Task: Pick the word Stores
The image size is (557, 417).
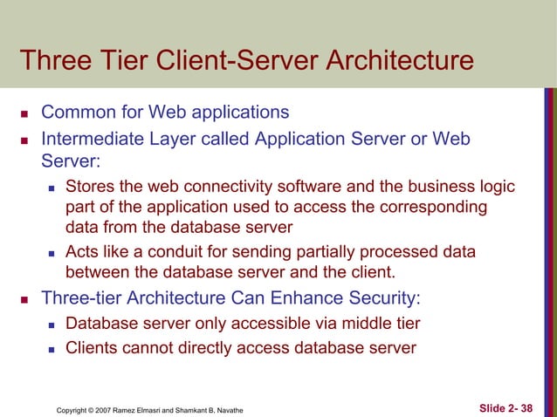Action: pos(91,187)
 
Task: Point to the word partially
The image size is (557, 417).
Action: pos(328,252)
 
